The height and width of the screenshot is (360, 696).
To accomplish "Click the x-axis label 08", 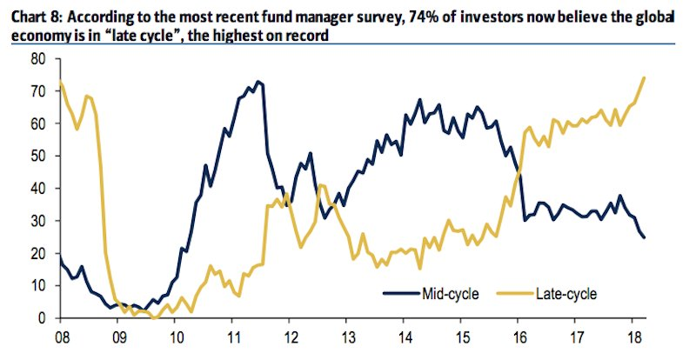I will coord(62,334).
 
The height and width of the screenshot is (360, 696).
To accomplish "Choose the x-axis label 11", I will coord(233,334).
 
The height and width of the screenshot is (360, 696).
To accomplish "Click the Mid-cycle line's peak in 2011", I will coord(257,82).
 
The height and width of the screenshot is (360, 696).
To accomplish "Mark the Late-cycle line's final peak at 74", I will coord(644,78).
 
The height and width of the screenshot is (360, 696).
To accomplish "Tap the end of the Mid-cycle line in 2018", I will coord(645,237).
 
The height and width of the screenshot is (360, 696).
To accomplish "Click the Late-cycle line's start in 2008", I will coord(60,81).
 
